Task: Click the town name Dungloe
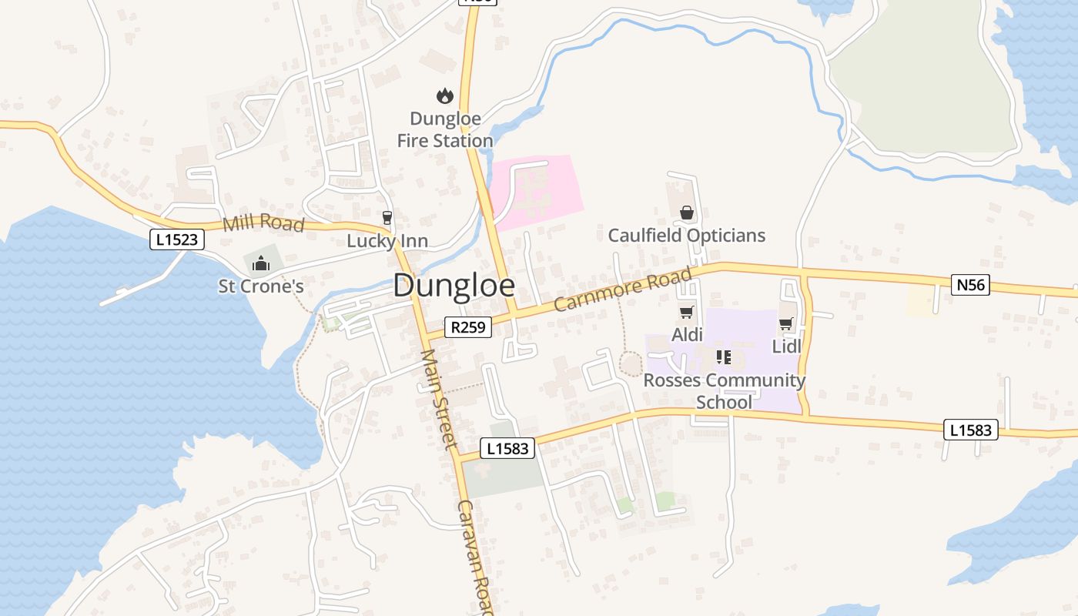(x=454, y=286)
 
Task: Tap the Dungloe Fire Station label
(x=445, y=130)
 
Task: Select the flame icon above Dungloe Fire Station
(x=444, y=96)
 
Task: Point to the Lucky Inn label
(x=387, y=241)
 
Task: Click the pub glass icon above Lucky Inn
(x=387, y=219)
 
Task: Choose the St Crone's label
(x=261, y=286)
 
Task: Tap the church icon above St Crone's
(x=261, y=264)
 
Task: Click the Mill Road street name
(x=263, y=224)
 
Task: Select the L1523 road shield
(x=177, y=239)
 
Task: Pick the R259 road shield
(x=468, y=327)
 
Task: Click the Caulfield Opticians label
(x=687, y=236)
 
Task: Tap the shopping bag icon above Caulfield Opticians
(x=686, y=213)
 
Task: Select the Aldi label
(x=687, y=335)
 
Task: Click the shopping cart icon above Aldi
(x=686, y=313)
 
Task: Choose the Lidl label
(x=786, y=346)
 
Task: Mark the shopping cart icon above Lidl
(x=785, y=324)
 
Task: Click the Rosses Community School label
(x=724, y=391)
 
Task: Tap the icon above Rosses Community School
(x=723, y=357)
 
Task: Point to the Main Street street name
(x=439, y=399)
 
